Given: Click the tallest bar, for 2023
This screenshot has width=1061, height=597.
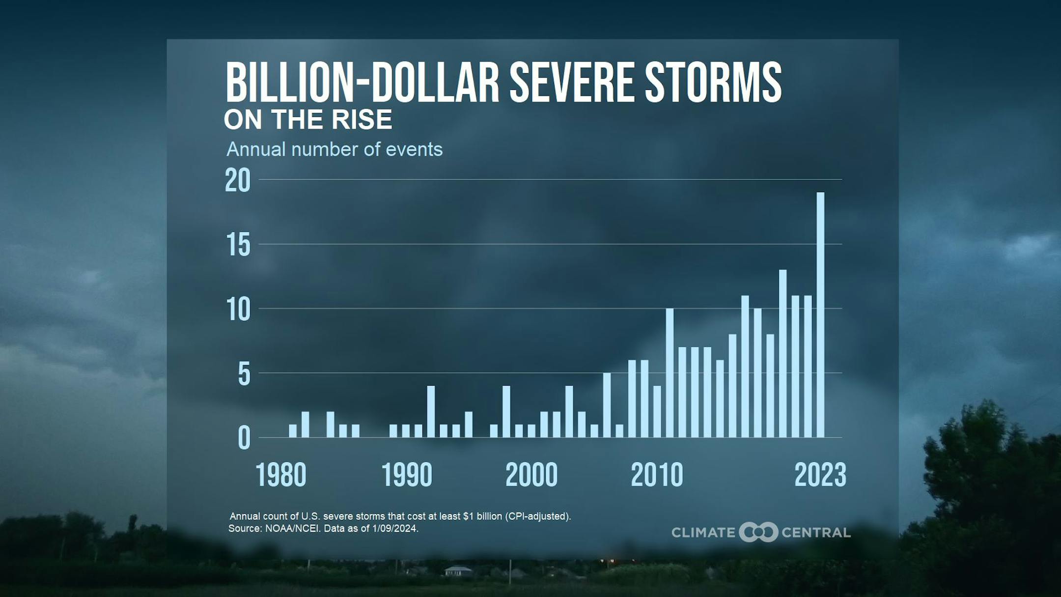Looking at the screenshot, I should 820,314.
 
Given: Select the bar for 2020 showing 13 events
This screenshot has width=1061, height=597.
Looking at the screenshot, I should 782,354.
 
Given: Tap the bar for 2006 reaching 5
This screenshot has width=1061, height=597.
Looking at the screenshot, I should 607,405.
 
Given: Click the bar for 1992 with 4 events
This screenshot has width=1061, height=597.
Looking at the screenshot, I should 431,411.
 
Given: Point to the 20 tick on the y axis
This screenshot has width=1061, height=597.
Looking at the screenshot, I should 238,180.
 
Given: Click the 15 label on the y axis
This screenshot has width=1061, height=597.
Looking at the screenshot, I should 238,245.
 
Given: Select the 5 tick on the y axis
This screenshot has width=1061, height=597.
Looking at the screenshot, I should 244,374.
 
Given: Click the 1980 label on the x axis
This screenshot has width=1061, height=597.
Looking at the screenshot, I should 281,475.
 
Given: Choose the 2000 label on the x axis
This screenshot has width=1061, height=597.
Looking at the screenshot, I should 531,475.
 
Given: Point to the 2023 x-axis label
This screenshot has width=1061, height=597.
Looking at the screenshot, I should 820,475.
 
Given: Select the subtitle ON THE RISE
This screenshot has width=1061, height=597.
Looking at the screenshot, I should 308,120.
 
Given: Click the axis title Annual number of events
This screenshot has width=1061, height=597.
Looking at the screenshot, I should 335,149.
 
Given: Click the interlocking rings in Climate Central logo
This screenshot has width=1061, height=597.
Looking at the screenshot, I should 758,532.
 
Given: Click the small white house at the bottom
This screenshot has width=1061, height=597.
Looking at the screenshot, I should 458,571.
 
